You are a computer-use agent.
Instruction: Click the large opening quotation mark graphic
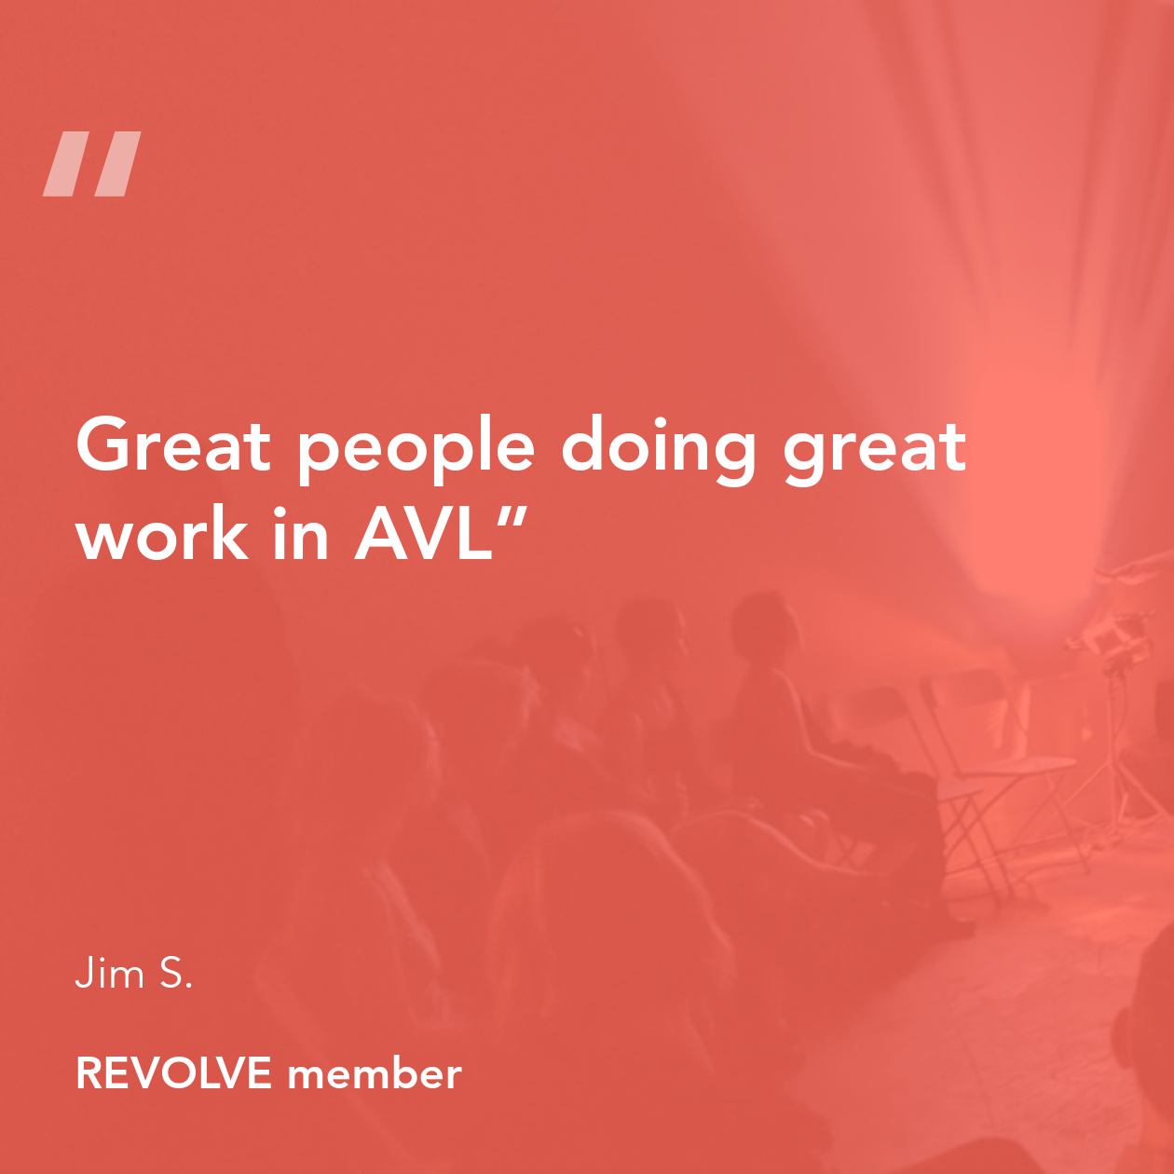point(91,164)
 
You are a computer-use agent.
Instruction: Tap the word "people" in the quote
point(416,451)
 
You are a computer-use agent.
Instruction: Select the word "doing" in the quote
point(659,451)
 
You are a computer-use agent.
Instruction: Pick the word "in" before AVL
point(302,532)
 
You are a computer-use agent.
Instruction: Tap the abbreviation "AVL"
point(423,534)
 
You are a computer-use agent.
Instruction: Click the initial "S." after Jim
point(176,973)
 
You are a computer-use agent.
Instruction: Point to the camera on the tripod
point(1110,640)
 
